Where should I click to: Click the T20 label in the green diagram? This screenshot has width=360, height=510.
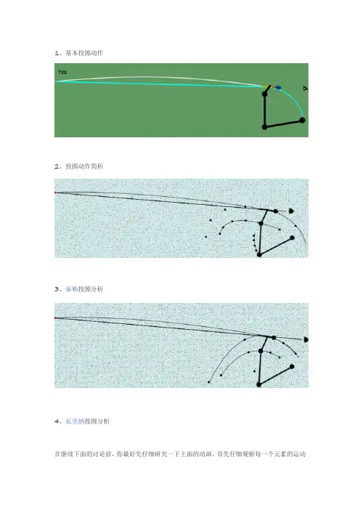point(62,72)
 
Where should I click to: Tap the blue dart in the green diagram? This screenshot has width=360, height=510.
point(278,87)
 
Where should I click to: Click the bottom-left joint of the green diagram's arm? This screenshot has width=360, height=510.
point(265,127)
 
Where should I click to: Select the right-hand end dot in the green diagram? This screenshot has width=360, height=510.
point(302,120)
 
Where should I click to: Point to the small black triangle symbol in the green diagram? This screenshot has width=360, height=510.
point(305,88)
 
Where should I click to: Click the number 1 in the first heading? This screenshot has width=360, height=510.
point(57,53)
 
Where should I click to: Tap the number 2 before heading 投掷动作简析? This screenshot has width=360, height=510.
point(57,166)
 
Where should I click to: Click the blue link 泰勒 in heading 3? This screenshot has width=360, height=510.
point(72,289)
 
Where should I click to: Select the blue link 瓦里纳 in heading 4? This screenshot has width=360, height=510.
point(75,421)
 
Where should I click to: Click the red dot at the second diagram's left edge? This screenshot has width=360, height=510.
point(55,193)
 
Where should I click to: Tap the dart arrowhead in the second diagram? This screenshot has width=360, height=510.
point(292,211)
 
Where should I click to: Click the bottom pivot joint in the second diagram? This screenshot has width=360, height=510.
point(259,255)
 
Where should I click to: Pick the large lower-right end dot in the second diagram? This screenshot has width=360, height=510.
point(292,238)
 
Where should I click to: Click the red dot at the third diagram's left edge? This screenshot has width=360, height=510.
point(55,317)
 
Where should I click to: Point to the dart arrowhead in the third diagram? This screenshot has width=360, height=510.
point(306,339)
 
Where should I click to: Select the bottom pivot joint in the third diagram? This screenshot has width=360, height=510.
point(259,384)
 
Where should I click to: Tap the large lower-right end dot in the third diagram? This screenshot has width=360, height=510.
point(292,367)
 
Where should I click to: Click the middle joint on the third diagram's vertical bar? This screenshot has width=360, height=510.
point(261,351)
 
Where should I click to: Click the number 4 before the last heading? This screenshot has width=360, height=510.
point(57,421)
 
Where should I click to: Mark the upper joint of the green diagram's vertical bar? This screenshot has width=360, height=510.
point(265,94)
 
